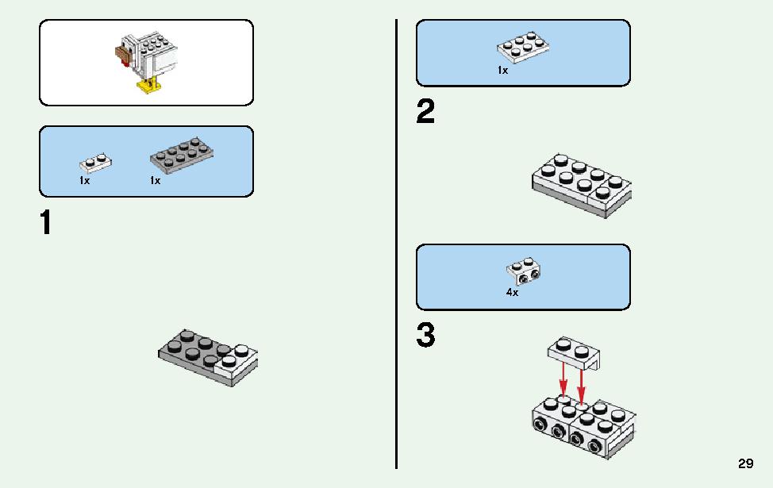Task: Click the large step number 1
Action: click(46, 222)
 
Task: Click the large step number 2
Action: click(426, 111)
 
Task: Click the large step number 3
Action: click(426, 335)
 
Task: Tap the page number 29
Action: click(746, 463)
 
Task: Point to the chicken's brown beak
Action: click(121, 52)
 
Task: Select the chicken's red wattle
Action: click(127, 62)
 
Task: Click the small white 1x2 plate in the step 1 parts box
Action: click(96, 163)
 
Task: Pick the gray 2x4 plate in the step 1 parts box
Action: click(182, 156)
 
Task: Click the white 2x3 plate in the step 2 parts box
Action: click(524, 48)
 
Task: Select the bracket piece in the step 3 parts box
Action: click(524, 271)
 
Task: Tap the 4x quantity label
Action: click(512, 293)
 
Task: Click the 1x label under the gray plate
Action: click(156, 181)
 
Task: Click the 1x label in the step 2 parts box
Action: click(503, 71)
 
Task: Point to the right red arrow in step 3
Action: click(582, 382)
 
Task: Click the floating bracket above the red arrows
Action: click(574, 353)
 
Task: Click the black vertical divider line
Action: click(396, 244)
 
